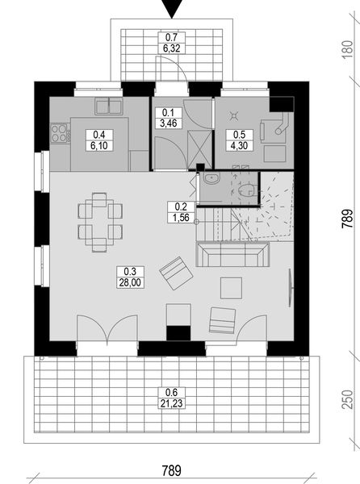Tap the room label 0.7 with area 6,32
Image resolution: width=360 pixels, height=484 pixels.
tap(170, 43)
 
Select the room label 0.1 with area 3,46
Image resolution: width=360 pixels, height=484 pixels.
tap(170, 118)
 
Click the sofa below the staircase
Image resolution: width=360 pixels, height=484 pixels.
tap(233, 257)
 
